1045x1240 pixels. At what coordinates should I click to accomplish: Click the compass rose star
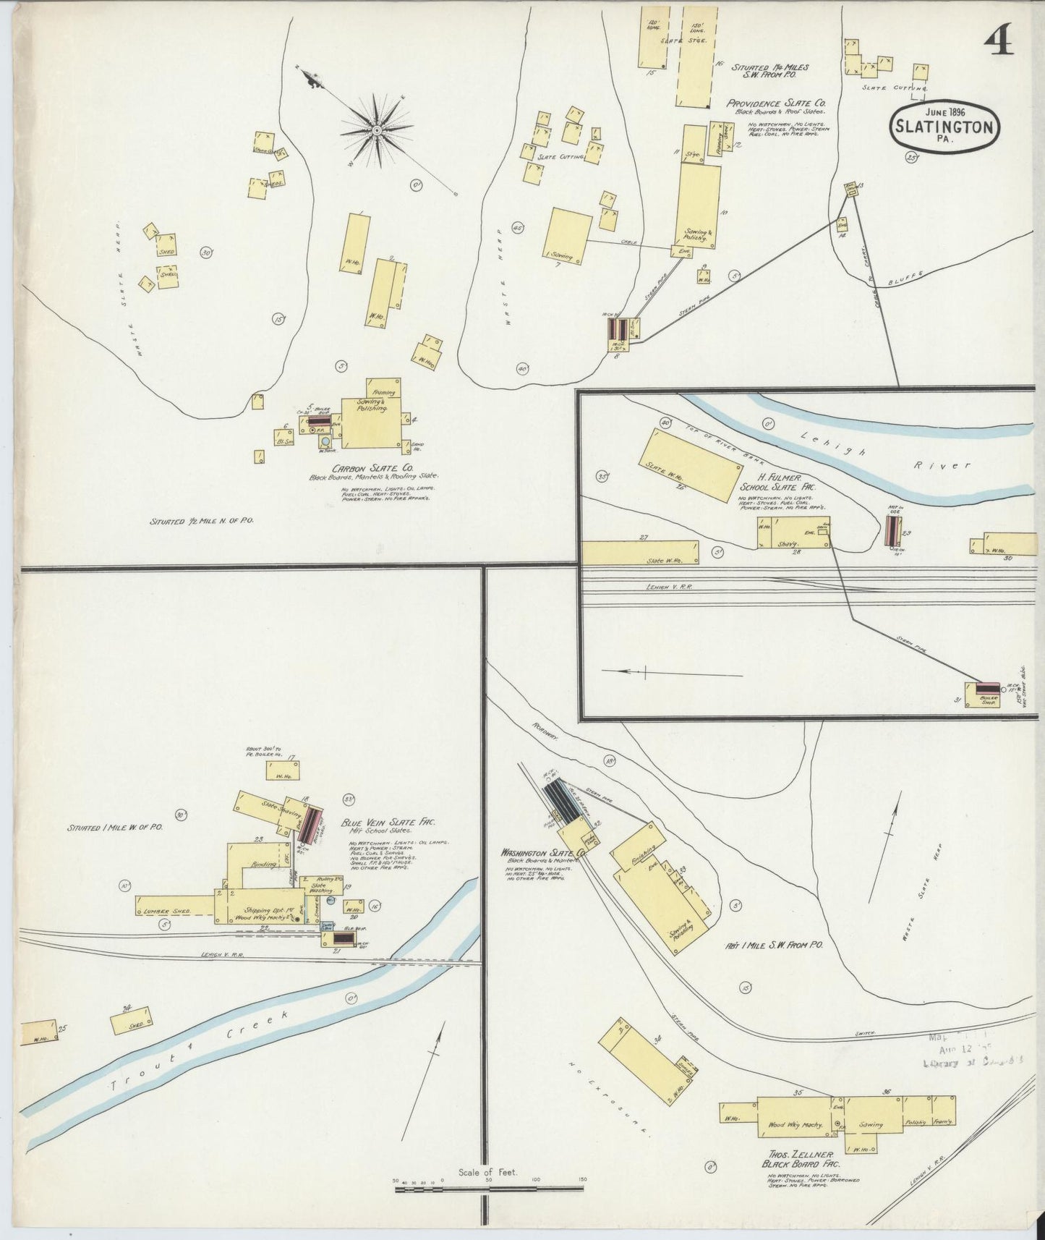pyautogui.click(x=377, y=129)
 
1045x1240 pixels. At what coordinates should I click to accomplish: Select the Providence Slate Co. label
pyautogui.click(x=776, y=103)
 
